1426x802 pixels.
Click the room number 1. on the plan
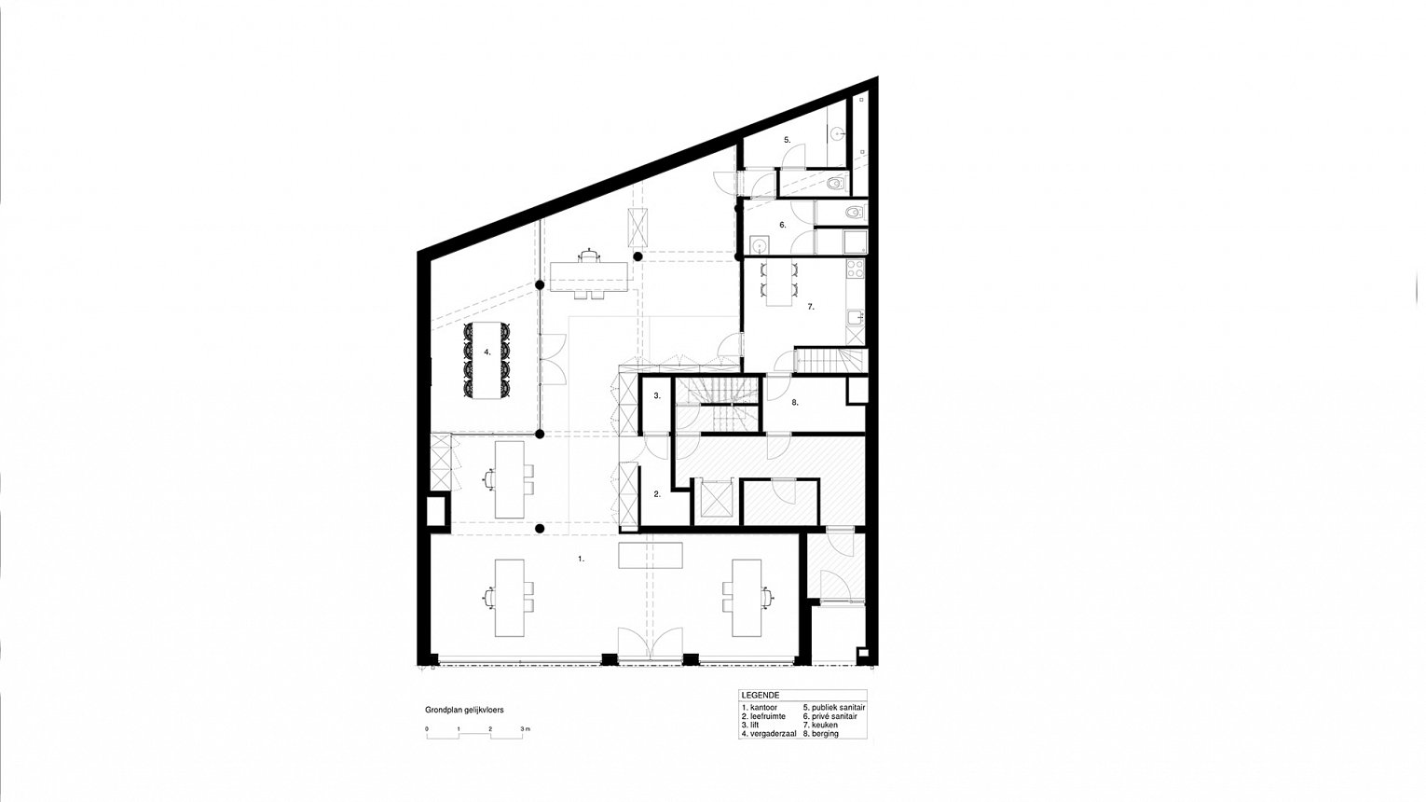coord(581,559)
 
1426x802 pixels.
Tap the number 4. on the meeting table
coord(487,352)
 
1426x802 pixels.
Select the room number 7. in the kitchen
coord(811,307)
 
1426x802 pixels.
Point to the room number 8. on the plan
coord(794,403)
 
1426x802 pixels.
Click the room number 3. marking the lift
coord(657,395)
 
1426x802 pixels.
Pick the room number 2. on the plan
coord(657,493)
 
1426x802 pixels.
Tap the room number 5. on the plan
coord(787,140)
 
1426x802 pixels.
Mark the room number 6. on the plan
coord(782,225)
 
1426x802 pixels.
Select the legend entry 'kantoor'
coord(760,707)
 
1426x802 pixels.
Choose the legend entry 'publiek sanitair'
coord(834,707)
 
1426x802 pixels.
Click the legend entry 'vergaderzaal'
coord(769,734)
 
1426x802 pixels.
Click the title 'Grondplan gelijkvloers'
coord(464,710)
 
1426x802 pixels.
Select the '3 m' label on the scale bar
coord(526,728)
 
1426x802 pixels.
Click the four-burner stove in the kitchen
coord(855,269)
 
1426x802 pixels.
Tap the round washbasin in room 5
coord(837,134)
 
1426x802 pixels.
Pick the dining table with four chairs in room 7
coord(778,283)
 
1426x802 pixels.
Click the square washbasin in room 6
coord(759,244)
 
